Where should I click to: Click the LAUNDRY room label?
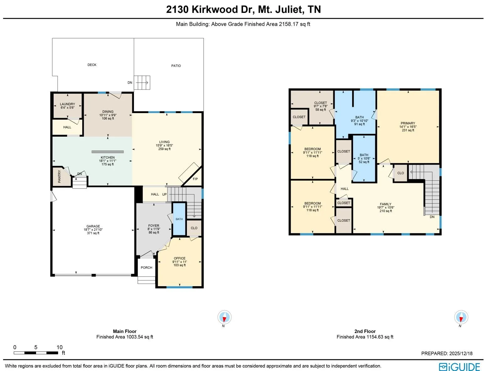pos(67,104)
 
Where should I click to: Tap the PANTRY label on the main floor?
pos(59,177)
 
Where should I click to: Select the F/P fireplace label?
pos(195,179)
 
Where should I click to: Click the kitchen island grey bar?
pos(108,152)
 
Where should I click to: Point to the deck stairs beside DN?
pos(142,83)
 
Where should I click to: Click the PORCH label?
pos(146,268)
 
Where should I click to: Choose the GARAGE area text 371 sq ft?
pos(93,233)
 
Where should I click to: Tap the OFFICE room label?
pos(180,258)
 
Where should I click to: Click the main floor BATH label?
pos(179,219)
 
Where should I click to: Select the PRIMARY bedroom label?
pos(408,123)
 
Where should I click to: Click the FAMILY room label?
pos(386,204)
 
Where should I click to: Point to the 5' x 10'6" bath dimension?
pos(364,159)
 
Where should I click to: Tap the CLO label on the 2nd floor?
pos(400,173)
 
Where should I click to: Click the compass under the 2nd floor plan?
pos(461,317)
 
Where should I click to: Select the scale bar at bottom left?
pos(36,353)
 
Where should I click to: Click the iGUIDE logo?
pos(459,367)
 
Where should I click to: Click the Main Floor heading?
pos(125,331)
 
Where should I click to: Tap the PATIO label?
pos(176,66)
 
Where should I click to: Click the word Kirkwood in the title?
pos(215,9)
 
